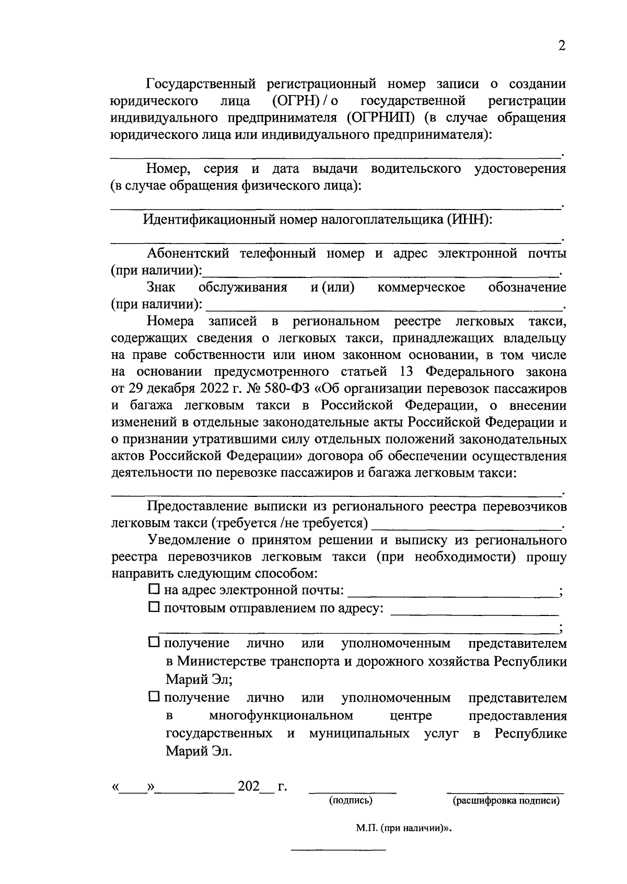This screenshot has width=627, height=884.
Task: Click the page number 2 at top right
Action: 561,46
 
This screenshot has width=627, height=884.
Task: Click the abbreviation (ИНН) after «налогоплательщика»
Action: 469,219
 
